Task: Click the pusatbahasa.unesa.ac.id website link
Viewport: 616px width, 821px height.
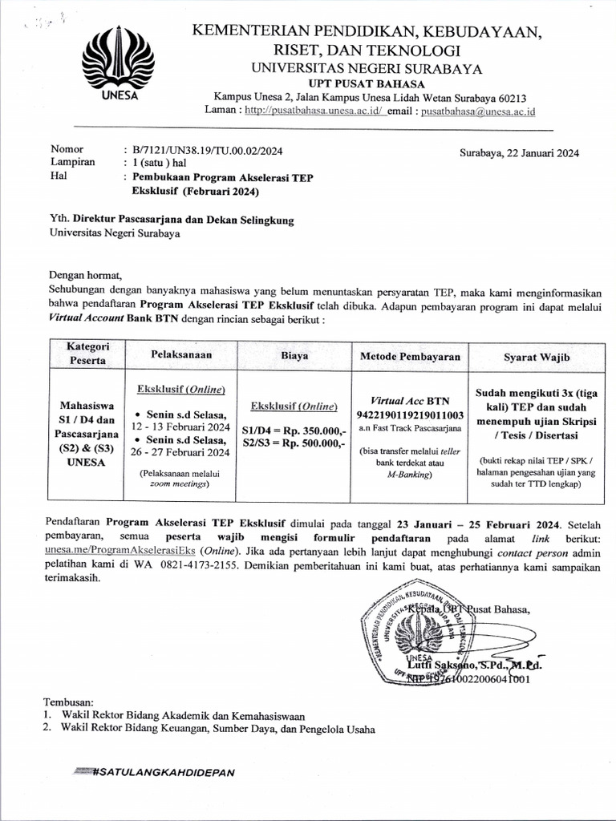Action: (314, 110)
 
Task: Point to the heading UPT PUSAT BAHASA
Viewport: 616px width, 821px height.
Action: (359, 83)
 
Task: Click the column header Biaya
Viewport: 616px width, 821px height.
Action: (294, 354)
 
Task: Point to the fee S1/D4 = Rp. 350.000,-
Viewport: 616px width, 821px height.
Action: (294, 430)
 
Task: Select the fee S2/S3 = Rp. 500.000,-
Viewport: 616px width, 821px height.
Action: (294, 443)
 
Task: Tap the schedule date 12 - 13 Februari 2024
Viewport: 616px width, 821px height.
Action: (181, 427)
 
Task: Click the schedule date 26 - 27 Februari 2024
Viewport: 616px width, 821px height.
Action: (181, 452)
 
